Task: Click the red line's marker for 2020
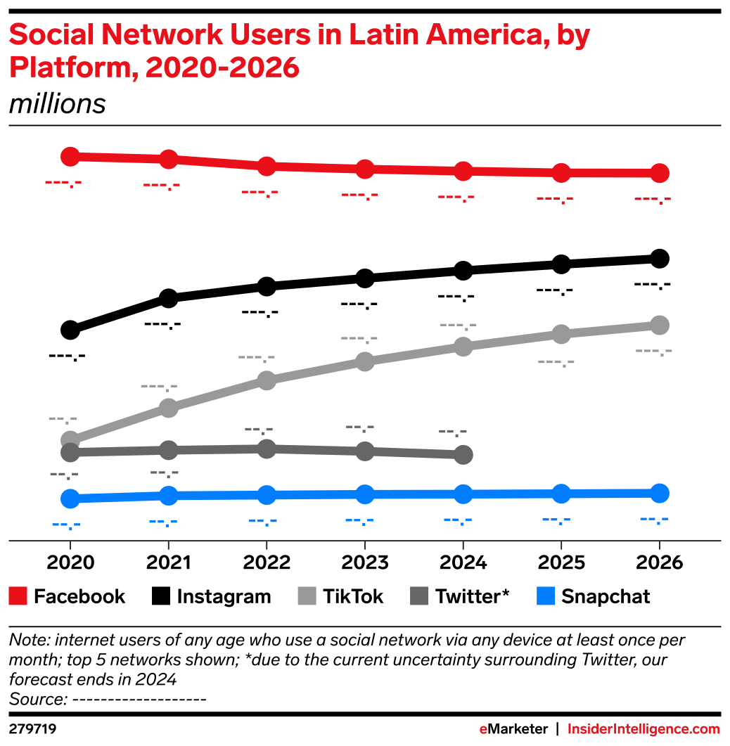pyautogui.click(x=70, y=156)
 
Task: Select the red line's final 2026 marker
pyautogui.click(x=659, y=173)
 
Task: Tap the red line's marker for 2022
pyautogui.click(x=267, y=167)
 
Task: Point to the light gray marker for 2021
pyautogui.click(x=168, y=408)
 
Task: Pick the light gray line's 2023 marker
pyautogui.click(x=364, y=361)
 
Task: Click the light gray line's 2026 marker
pyautogui.click(x=659, y=325)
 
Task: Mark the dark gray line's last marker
pyautogui.click(x=463, y=454)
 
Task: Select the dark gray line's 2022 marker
pyautogui.click(x=267, y=449)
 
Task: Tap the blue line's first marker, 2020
pyautogui.click(x=70, y=499)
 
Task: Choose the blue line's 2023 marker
pyautogui.click(x=364, y=494)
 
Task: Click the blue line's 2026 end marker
pyautogui.click(x=659, y=492)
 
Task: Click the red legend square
pyautogui.click(x=18, y=596)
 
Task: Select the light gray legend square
pyautogui.click(x=307, y=596)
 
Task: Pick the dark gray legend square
pyautogui.click(x=419, y=596)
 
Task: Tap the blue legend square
pyautogui.click(x=546, y=596)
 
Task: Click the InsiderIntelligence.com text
pyautogui.click(x=643, y=729)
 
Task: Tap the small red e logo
pyautogui.click(x=483, y=730)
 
